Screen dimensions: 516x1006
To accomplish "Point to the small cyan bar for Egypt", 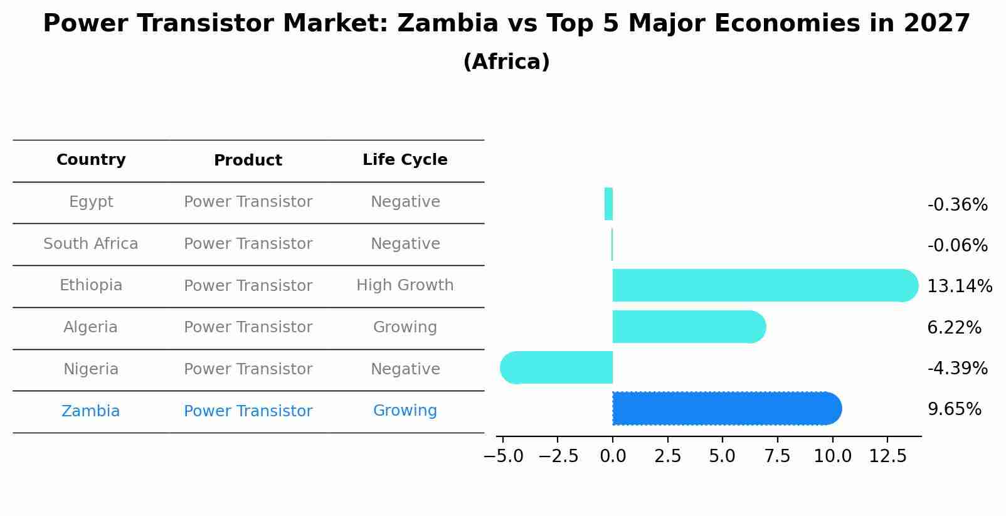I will click(608, 204).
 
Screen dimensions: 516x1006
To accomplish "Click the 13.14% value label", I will click(959, 287).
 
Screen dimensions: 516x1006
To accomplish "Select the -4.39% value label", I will click(957, 369).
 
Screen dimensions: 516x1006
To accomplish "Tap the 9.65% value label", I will click(954, 409).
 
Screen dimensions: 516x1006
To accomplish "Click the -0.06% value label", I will click(957, 246).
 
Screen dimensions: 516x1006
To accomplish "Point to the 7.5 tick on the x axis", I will click(777, 456).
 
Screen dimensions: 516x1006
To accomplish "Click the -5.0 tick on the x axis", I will click(503, 456).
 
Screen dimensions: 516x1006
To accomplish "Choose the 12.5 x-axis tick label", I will click(887, 456).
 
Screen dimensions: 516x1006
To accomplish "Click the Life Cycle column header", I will click(405, 160).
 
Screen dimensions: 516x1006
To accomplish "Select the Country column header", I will click(91, 160).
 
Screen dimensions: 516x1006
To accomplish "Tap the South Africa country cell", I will click(91, 244).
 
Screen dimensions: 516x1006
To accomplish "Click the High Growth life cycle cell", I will click(405, 285).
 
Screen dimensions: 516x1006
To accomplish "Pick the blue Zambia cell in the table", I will click(91, 411).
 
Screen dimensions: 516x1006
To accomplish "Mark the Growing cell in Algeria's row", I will click(405, 327).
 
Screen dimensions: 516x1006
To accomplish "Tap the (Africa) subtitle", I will click(506, 62).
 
